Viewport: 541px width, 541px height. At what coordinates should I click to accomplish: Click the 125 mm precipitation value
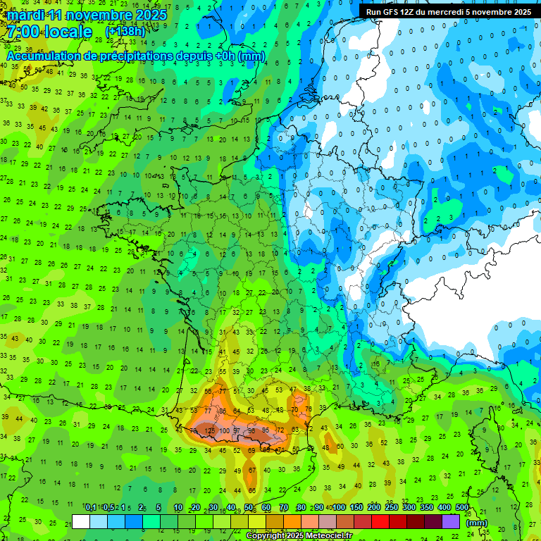click(209, 430)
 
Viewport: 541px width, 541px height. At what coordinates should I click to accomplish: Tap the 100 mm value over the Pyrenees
click(225, 430)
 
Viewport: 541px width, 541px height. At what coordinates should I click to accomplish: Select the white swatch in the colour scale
click(81, 522)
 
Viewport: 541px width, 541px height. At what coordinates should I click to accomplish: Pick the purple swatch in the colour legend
click(451, 522)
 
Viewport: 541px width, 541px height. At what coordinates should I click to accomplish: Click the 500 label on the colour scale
click(462, 508)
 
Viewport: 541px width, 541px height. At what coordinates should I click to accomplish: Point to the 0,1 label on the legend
click(91, 508)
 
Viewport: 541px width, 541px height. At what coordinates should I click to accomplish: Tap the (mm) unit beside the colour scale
click(477, 523)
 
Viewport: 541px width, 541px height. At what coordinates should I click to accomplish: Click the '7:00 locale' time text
click(49, 32)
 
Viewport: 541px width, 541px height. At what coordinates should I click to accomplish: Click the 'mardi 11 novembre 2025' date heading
click(87, 14)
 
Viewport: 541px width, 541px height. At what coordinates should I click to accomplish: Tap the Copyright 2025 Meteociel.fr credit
click(299, 536)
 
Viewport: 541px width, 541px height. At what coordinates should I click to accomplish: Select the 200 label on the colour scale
click(374, 508)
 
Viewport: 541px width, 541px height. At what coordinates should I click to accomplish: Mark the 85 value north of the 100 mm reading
click(223, 411)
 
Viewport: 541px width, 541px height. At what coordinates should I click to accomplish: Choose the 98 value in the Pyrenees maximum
click(251, 430)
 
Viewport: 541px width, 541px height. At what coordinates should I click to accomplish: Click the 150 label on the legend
click(356, 508)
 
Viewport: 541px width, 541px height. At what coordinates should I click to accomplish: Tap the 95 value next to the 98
click(266, 430)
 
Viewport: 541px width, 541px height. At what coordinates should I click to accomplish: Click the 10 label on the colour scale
click(178, 508)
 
